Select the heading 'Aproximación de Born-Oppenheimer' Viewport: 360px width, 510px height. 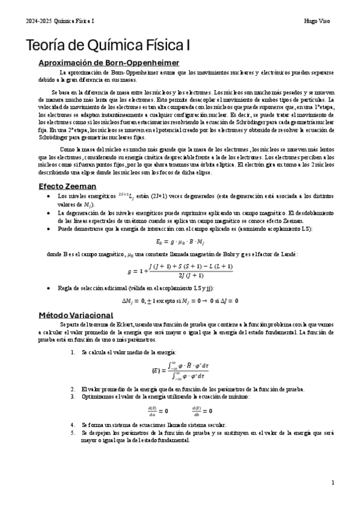point(108,63)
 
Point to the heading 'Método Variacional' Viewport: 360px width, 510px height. point(75,315)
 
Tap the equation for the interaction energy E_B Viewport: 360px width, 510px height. point(180,242)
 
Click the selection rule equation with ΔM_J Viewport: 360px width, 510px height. point(180,301)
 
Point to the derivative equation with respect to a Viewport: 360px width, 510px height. point(159,411)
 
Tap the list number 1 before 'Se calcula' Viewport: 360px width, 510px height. point(73,351)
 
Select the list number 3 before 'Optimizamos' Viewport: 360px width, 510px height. point(73,397)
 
